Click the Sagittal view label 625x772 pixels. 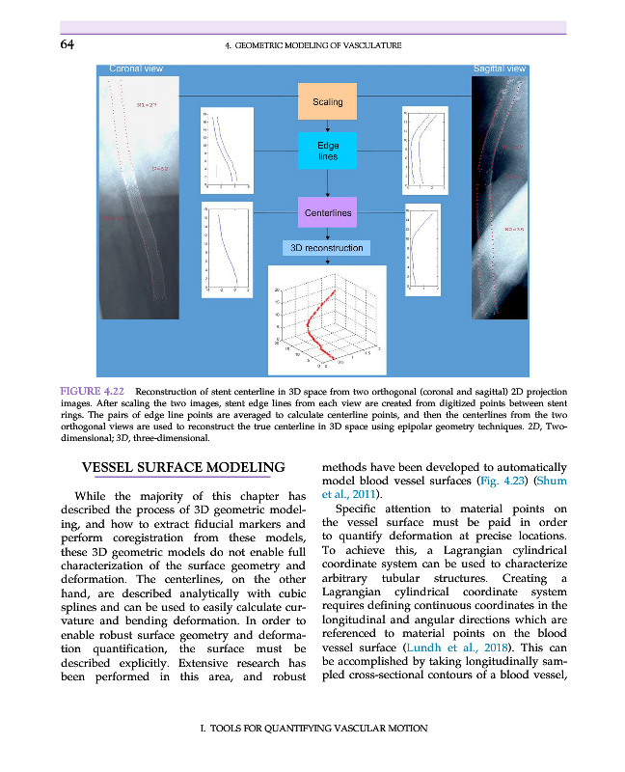(x=500, y=69)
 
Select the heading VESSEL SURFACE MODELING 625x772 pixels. (x=182, y=468)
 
